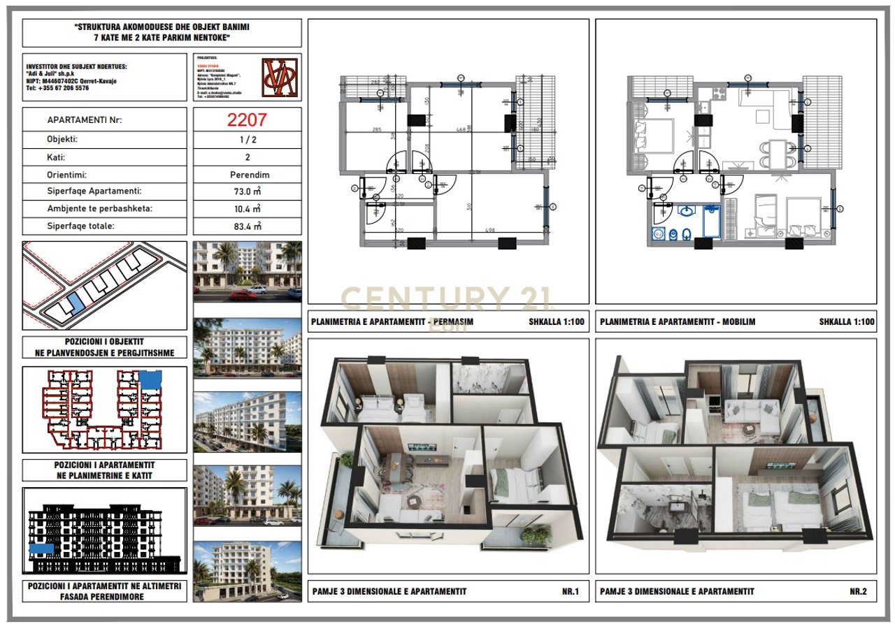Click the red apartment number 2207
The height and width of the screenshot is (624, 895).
pyautogui.click(x=246, y=119)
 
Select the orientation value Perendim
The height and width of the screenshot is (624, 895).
pyautogui.click(x=249, y=175)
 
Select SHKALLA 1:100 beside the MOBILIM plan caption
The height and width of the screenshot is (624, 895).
pyautogui.click(x=846, y=322)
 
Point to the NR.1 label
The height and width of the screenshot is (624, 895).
pyautogui.click(x=571, y=591)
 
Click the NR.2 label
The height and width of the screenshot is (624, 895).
pyautogui.click(x=858, y=591)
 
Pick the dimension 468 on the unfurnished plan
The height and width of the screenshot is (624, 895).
pyautogui.click(x=461, y=129)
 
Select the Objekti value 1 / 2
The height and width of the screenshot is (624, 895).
pyautogui.click(x=249, y=139)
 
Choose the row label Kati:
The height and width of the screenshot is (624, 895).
pyautogui.click(x=56, y=158)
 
